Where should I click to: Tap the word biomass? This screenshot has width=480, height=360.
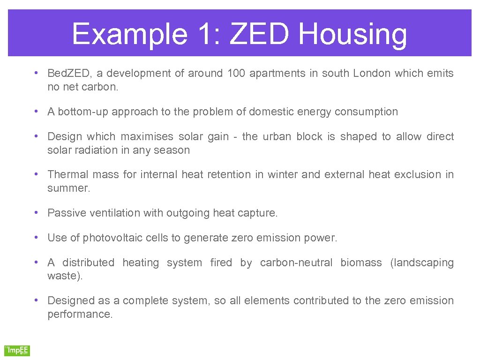[361, 263]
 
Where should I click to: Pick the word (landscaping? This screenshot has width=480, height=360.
[422, 263]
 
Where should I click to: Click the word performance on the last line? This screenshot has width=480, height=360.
[80, 315]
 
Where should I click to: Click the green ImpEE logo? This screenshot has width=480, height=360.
[17, 350]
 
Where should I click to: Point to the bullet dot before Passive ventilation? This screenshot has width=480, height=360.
[36, 212]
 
